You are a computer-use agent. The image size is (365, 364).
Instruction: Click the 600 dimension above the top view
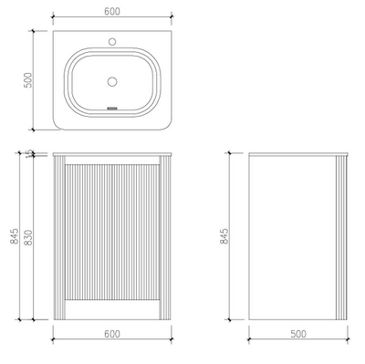110,12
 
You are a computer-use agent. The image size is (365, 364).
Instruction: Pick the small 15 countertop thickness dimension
29,153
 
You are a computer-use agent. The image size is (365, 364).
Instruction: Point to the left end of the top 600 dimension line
53,20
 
